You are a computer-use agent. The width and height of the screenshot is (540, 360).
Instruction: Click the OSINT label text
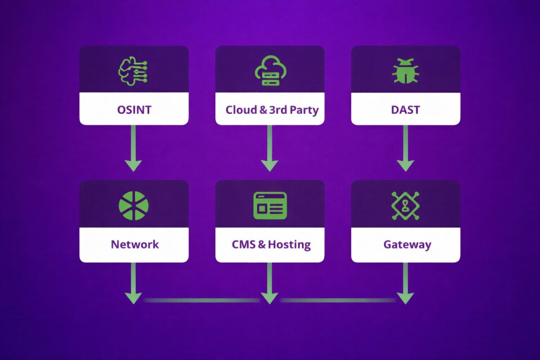point(134,109)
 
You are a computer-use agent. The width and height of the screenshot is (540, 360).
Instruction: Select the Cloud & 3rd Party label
point(272,109)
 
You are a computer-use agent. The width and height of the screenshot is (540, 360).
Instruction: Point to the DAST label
point(405,109)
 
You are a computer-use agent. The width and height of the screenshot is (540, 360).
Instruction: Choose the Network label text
point(135,244)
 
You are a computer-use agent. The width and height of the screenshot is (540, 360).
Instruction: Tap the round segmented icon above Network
point(134,206)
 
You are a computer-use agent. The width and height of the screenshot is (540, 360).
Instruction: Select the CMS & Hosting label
point(271,244)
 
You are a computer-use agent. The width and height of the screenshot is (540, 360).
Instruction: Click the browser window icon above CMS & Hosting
point(270,206)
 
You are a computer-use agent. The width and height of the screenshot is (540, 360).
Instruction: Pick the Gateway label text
point(407,244)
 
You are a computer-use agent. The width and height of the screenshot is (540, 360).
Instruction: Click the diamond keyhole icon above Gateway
point(405,206)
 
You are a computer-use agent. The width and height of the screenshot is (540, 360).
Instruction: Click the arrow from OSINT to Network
point(134,148)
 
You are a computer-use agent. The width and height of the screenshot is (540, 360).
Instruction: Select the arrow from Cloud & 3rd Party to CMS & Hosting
point(270,148)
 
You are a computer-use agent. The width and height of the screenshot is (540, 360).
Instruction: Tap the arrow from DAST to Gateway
point(405,148)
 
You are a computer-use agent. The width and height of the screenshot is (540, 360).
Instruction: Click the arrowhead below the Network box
point(134,297)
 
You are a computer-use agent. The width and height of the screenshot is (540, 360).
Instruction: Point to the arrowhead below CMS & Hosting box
point(270,297)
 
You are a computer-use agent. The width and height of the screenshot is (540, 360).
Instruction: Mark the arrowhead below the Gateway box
point(405,297)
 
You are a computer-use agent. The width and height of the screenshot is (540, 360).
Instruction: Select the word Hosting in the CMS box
point(289,244)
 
